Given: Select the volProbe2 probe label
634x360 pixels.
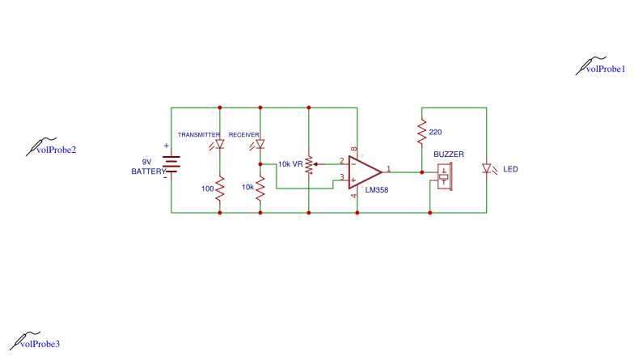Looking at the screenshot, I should [x=57, y=150].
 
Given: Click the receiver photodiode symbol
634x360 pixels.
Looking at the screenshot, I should [x=260, y=145].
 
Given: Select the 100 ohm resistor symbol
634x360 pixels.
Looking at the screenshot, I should [x=220, y=188].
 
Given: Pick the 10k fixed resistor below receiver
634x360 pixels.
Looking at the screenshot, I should [x=260, y=188].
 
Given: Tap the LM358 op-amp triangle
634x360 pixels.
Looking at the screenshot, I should [x=363, y=172].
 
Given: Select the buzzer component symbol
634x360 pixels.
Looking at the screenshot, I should [x=443, y=176].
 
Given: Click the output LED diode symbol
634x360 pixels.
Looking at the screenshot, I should [x=486, y=169].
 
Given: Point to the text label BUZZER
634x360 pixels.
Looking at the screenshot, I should [x=449, y=154].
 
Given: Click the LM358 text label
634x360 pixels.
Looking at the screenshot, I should [x=377, y=191].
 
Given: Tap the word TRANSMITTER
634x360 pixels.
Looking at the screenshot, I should [x=199, y=134].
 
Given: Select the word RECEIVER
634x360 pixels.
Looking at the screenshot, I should [x=244, y=134].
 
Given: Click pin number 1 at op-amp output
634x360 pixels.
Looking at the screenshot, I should [x=389, y=168].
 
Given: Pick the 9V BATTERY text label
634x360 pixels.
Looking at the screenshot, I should [x=149, y=167].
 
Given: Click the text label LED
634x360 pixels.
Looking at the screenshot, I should [x=510, y=170].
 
